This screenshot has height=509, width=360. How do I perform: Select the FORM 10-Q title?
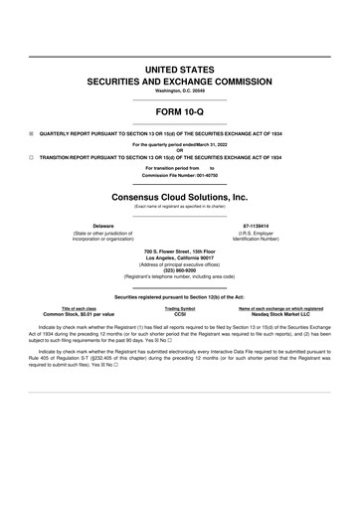[x=180, y=112]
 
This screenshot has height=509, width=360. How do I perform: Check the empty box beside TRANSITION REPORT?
[x=31, y=157]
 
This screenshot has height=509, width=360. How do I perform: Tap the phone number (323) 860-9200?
[x=180, y=269]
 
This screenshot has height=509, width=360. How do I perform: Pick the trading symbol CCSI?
[x=180, y=314]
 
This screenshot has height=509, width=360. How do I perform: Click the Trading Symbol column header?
[x=180, y=308]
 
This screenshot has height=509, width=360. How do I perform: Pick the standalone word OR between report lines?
[x=180, y=151]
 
